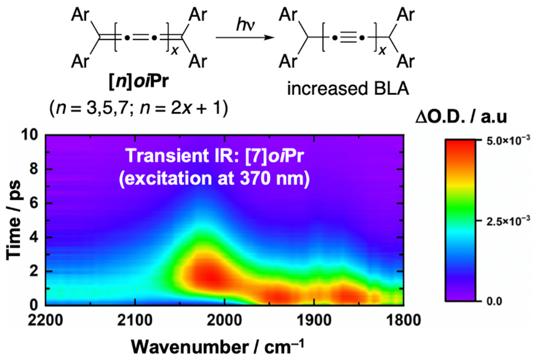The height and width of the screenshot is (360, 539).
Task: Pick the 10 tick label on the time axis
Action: [30, 135]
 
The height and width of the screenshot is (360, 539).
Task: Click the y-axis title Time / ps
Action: [12, 219]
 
